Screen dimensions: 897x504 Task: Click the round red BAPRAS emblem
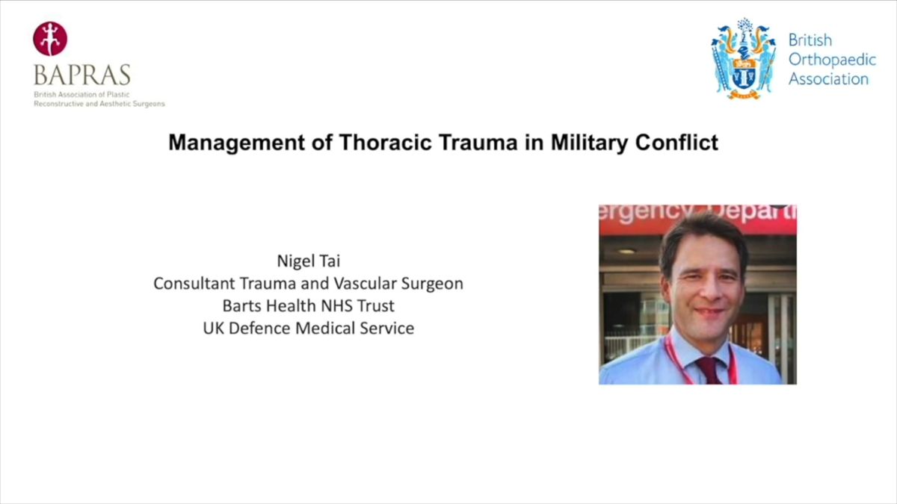click(50, 39)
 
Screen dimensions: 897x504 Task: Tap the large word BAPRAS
click(82, 75)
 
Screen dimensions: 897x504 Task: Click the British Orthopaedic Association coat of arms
click(743, 58)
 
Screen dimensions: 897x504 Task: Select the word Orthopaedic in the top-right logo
click(832, 60)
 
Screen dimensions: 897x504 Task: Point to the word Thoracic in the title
click(386, 143)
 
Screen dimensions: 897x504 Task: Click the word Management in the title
click(237, 143)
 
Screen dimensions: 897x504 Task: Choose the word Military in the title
click(589, 143)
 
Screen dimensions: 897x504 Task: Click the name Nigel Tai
click(308, 261)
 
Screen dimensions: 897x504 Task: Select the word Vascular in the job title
click(365, 283)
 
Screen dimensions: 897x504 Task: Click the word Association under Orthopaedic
click(828, 79)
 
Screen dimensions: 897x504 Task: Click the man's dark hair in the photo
click(702, 236)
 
